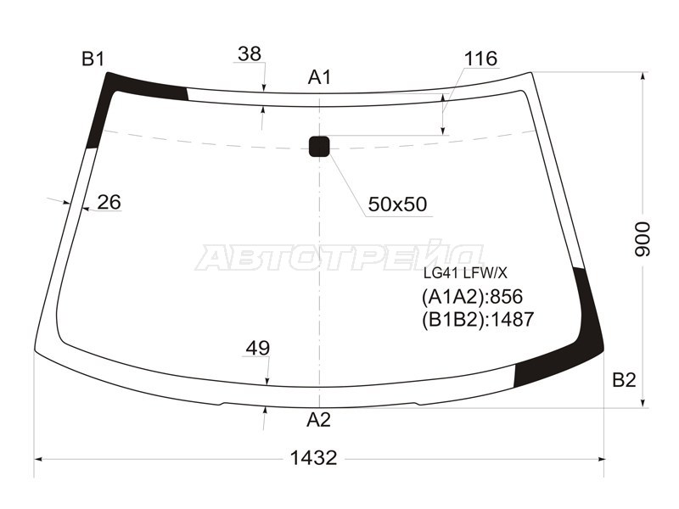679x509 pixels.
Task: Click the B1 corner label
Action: tap(93, 59)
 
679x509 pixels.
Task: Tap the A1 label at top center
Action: tap(320, 77)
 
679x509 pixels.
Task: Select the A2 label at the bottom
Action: tap(319, 419)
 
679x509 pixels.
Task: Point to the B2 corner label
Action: tap(624, 379)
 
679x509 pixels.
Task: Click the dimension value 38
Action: tap(250, 54)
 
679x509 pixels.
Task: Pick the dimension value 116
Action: tap(480, 59)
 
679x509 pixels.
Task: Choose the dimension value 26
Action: tap(109, 202)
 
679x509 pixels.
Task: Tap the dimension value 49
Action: tap(258, 348)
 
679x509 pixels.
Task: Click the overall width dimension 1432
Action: tap(313, 457)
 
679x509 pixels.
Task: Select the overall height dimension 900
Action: tap(643, 239)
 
